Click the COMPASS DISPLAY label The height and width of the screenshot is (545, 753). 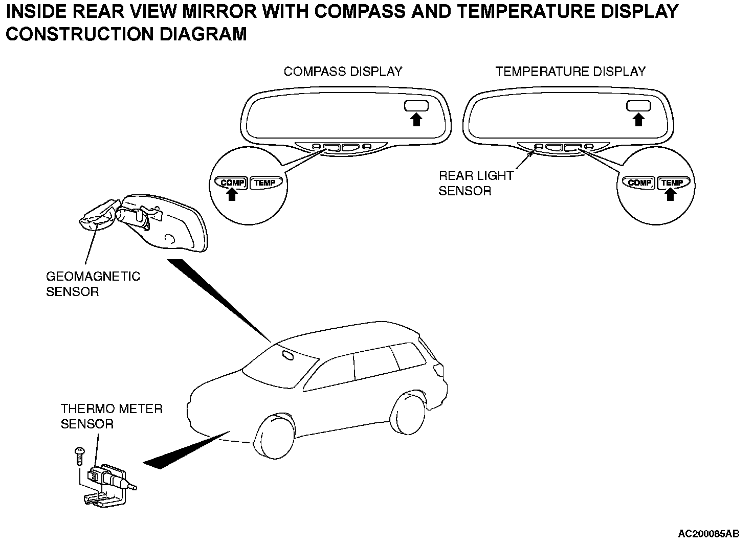point(343,72)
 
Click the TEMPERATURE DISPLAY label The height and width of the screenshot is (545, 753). point(570,72)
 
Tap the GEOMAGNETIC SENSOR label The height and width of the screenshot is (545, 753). point(93,284)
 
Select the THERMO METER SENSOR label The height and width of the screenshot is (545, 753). point(112,416)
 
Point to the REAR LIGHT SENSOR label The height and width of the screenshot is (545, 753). point(476,183)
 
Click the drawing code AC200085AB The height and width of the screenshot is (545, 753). point(708,534)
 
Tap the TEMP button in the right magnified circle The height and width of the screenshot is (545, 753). point(672,183)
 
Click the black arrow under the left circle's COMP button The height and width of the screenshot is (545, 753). point(232,194)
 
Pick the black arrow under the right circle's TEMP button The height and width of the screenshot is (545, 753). point(670,194)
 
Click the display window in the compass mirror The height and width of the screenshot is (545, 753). point(416,106)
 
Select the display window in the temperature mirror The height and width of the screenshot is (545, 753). point(638,106)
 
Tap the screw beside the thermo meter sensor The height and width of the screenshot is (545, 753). point(79,455)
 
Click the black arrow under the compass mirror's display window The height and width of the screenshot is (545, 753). point(416,120)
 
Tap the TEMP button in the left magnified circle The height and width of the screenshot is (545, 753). point(264,183)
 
